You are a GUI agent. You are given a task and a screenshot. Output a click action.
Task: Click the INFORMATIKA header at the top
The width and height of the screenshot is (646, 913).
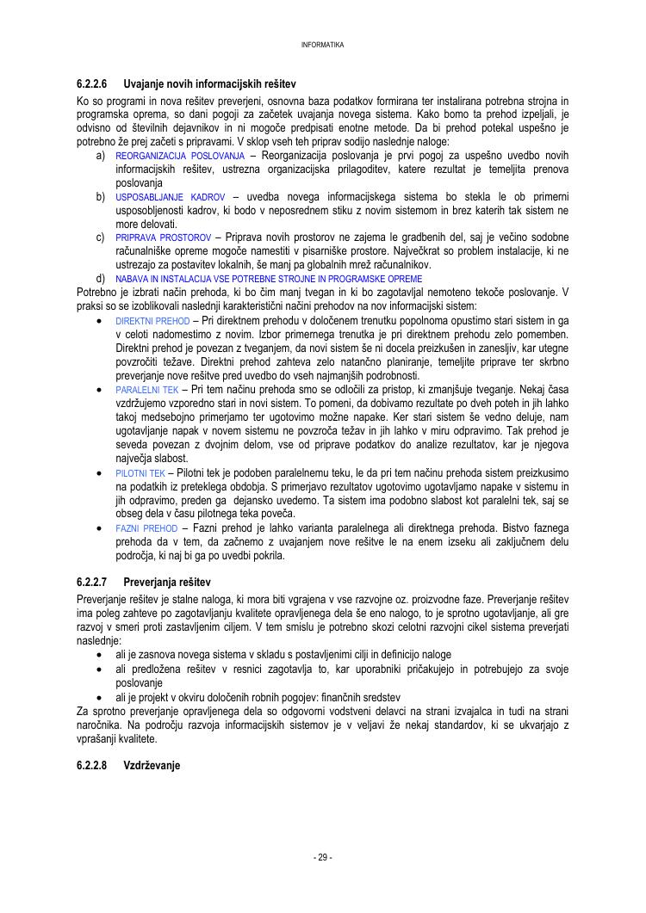[323, 45]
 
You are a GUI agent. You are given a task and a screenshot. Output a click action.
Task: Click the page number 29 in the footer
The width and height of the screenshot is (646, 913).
[323, 857]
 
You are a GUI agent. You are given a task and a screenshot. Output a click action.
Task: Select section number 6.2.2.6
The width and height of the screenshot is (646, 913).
[91, 85]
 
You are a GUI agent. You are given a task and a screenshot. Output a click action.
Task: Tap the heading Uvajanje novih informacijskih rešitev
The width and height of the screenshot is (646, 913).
[209, 85]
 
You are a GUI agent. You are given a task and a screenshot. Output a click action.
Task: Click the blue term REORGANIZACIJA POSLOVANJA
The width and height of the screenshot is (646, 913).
[180, 156]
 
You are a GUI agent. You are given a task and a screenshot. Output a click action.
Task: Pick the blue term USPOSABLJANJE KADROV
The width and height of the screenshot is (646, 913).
[170, 197]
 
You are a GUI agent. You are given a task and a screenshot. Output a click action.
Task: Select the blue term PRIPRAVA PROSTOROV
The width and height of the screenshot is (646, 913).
[163, 238]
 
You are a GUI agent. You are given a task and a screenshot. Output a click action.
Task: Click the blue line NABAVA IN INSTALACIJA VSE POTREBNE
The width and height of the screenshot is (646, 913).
[269, 279]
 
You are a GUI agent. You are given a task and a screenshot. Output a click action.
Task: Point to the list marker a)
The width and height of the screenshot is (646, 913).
[101, 156]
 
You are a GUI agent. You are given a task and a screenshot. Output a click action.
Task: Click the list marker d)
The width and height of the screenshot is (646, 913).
[101, 279]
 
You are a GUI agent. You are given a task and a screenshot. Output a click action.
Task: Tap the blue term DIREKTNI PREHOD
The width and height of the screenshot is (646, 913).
[152, 321]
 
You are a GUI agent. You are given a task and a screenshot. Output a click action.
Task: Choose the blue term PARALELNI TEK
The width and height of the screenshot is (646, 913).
[146, 390]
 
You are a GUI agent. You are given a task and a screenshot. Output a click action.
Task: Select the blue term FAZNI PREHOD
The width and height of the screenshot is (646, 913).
[146, 527]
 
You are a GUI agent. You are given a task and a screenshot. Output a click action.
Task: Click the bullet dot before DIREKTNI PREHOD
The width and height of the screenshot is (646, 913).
[101, 321]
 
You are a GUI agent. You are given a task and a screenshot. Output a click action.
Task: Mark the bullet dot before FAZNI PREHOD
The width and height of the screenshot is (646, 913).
[101, 527]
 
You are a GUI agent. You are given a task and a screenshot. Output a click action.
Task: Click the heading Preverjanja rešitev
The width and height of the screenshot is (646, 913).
[167, 583]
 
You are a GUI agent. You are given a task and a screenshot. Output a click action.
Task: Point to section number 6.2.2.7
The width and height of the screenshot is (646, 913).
[91, 583]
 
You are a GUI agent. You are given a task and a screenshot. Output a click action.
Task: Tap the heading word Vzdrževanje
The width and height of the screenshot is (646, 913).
[152, 765]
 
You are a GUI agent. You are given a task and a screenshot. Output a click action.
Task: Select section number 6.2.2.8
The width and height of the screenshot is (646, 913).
[91, 765]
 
